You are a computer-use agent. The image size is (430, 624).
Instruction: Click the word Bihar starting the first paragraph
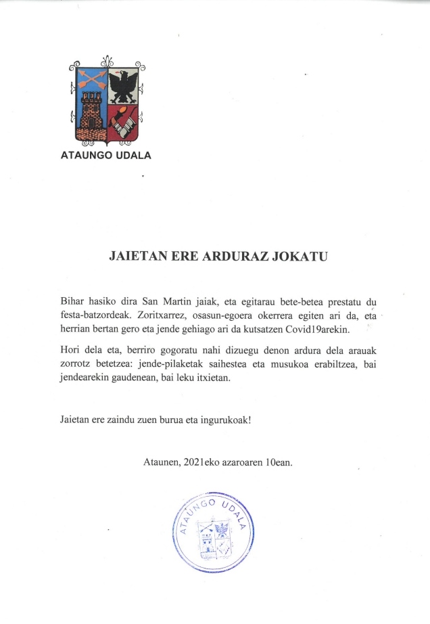[73, 303]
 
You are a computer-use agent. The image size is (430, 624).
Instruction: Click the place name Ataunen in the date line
[161, 462]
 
